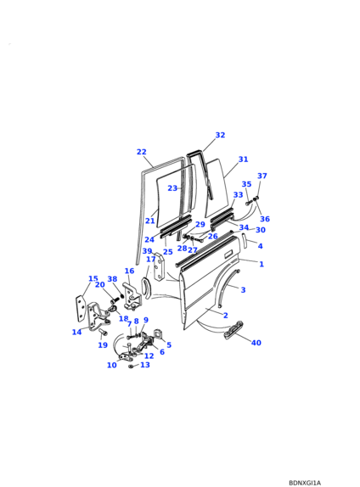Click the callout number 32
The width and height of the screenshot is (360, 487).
[220, 135]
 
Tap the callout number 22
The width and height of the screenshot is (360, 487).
[142, 152]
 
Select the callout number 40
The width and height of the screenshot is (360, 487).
[256, 343]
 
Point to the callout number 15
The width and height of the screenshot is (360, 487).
[93, 278]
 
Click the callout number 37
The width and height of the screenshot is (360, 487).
[262, 176]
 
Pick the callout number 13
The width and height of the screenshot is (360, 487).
[145, 365]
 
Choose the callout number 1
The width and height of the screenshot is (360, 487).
[262, 264]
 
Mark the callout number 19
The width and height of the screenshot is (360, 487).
[103, 345]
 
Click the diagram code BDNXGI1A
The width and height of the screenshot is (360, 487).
[305, 483]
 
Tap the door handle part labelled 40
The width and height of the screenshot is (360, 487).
[233, 330]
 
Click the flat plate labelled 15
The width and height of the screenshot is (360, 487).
[80, 308]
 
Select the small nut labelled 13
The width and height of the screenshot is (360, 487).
[131, 367]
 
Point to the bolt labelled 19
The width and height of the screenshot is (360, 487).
[104, 333]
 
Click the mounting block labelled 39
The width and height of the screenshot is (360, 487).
[160, 267]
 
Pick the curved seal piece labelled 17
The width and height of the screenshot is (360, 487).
[146, 288]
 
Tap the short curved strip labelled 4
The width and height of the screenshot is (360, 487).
[245, 240]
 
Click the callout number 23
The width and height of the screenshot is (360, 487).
[172, 188]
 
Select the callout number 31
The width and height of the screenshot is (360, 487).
[243, 160]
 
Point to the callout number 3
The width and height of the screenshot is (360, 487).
[243, 290]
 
